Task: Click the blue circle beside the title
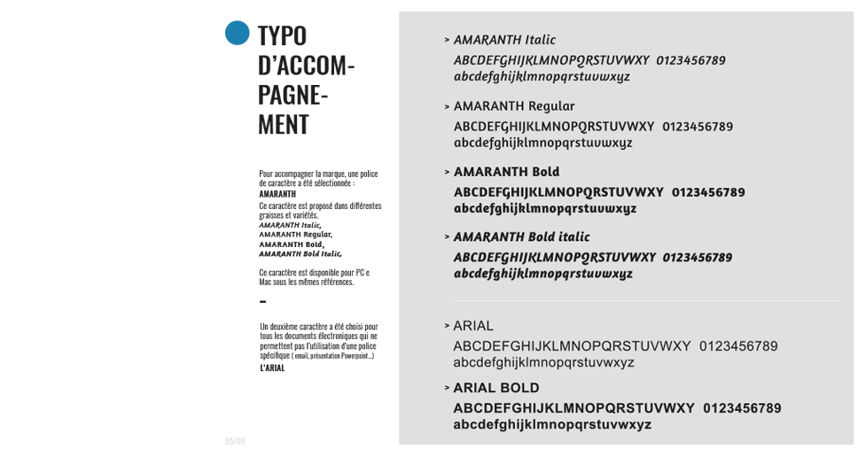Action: click(x=237, y=33)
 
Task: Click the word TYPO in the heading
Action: click(x=282, y=35)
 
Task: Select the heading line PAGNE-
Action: click(x=293, y=94)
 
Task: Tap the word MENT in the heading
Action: click(x=283, y=124)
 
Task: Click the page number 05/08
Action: click(x=235, y=441)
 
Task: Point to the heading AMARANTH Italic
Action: click(x=504, y=40)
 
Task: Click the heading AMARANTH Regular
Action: click(x=514, y=106)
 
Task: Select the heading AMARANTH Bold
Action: click(x=506, y=172)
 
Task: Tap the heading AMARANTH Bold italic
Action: click(x=521, y=237)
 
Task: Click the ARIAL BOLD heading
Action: click(x=496, y=388)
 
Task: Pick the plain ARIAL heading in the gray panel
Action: click(x=473, y=326)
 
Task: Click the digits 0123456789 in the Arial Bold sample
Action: click(x=742, y=408)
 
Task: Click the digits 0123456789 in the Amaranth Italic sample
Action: click(x=690, y=60)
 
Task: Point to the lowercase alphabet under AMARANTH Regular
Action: click(x=542, y=143)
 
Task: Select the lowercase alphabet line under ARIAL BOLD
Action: click(x=552, y=425)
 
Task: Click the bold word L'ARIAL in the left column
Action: click(x=272, y=368)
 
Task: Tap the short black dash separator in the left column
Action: click(x=262, y=302)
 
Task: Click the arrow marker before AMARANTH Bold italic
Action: click(x=448, y=237)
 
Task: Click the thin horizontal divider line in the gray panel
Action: click(x=647, y=301)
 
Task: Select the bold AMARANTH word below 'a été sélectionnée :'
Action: click(x=277, y=194)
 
